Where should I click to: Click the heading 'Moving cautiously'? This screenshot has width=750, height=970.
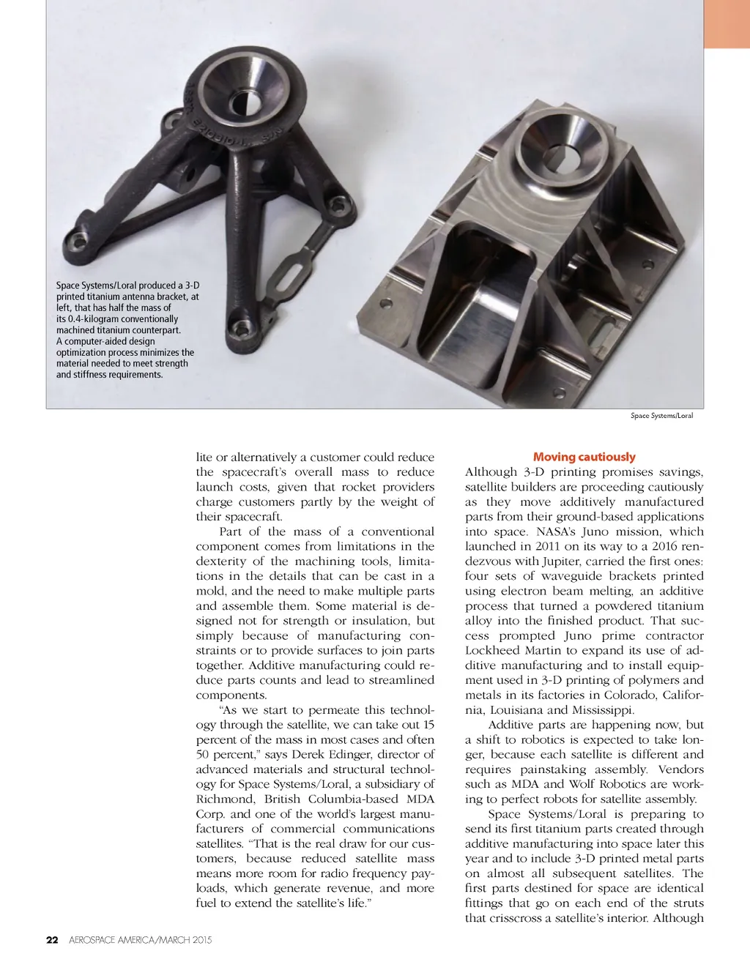pyautogui.click(x=584, y=457)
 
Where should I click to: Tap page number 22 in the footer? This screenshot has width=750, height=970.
pyautogui.click(x=52, y=940)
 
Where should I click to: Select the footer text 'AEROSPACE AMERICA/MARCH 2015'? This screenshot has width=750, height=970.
pyautogui.click(x=140, y=940)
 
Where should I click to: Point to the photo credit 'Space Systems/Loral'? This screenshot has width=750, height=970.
pyautogui.click(x=661, y=416)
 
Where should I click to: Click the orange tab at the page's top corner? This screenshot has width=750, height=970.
pyautogui.click(x=727, y=23)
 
